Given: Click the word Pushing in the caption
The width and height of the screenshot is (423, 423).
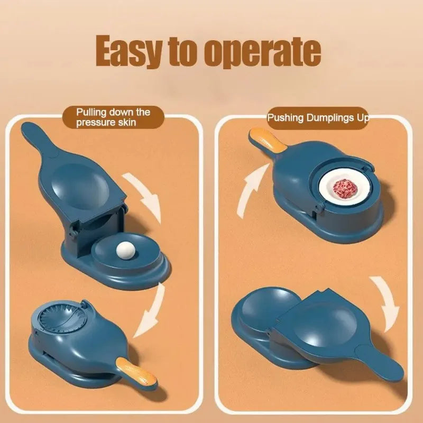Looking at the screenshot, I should point(286,117).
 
